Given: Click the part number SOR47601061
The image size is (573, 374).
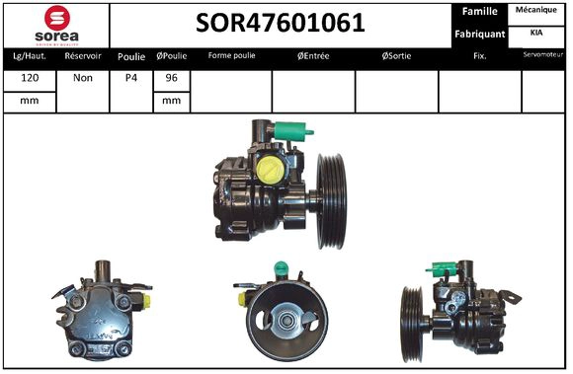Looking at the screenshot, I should point(281,23).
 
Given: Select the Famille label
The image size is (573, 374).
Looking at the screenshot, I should point(478,12).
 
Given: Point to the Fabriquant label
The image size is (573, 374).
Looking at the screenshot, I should point(479,34).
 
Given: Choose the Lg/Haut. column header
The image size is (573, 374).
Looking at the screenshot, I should point(30,56).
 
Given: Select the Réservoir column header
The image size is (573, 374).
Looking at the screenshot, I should point(82,56).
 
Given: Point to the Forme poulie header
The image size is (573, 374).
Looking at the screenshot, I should point(231,56).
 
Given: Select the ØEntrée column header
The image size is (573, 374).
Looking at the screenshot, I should point(313,56).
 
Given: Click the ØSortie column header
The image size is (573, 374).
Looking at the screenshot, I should point(396,56).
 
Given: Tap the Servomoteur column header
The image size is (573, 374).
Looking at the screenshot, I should point(544,55).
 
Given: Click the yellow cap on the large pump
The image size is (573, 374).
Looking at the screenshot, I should point(269,171).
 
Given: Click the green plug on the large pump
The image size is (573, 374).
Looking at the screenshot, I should point(297,128).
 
